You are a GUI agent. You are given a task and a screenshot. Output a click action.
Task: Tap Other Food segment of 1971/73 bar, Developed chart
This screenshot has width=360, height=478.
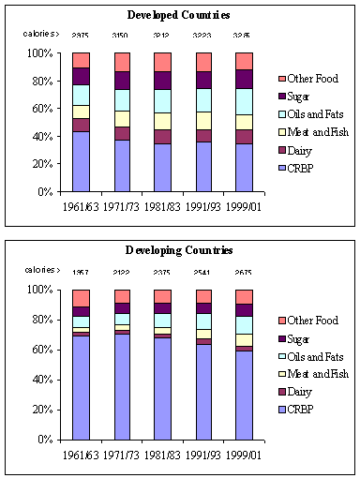coord(121,62)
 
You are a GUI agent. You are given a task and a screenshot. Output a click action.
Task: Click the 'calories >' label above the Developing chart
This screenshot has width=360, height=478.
coord(41,273)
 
